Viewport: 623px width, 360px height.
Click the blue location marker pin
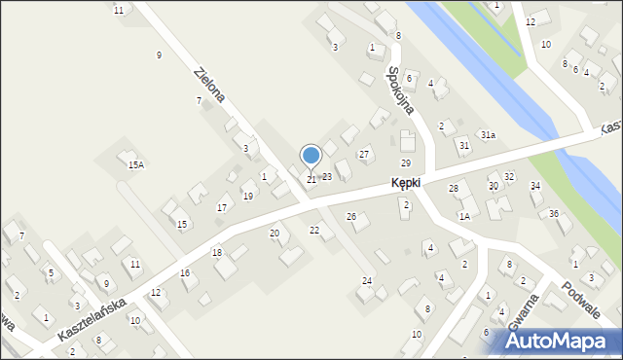(311, 156)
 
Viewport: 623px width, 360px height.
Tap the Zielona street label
(210, 85)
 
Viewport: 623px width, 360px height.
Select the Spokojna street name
(400, 90)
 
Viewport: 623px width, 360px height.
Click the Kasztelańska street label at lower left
(92, 318)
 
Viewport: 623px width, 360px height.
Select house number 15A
(135, 165)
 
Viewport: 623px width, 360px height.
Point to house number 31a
(488, 135)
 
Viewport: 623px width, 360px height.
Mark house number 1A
(464, 216)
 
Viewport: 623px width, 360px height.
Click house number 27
(364, 155)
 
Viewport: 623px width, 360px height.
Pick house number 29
(406, 162)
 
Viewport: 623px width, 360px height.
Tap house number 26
(351, 216)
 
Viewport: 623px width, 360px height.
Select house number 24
(367, 281)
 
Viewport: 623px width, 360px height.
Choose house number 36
(554, 213)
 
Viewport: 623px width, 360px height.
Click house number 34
(534, 185)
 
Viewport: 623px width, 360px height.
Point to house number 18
(217, 253)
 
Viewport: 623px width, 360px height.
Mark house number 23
(327, 177)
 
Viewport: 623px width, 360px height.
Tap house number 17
(222, 208)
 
